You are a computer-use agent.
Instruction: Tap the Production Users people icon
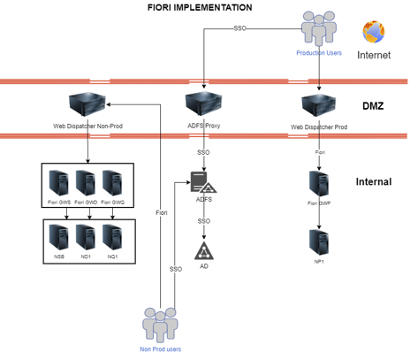[319, 29]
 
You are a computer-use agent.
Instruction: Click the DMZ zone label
[373, 106]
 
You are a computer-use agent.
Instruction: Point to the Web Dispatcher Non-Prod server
[87, 103]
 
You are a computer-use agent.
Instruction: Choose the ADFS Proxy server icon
[203, 103]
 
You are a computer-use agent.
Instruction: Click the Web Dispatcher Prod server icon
[318, 105]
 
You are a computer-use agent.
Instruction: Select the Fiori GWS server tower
[59, 182]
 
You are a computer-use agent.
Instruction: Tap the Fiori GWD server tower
[86, 182]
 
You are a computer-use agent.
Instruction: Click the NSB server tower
[59, 236]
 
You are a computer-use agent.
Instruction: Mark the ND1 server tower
[86, 236]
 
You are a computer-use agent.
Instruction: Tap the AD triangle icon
[203, 249]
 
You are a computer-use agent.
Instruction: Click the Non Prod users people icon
[160, 323]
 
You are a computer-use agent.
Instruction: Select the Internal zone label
[373, 182]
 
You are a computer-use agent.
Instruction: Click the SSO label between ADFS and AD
[203, 220]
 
